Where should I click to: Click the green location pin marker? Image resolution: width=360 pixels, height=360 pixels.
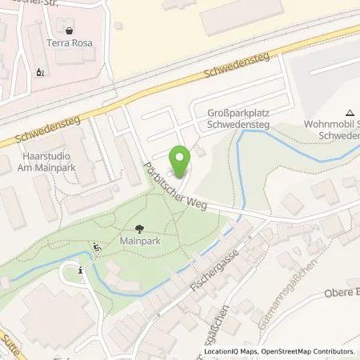180,162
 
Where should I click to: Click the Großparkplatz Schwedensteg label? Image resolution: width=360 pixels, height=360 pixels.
238,119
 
